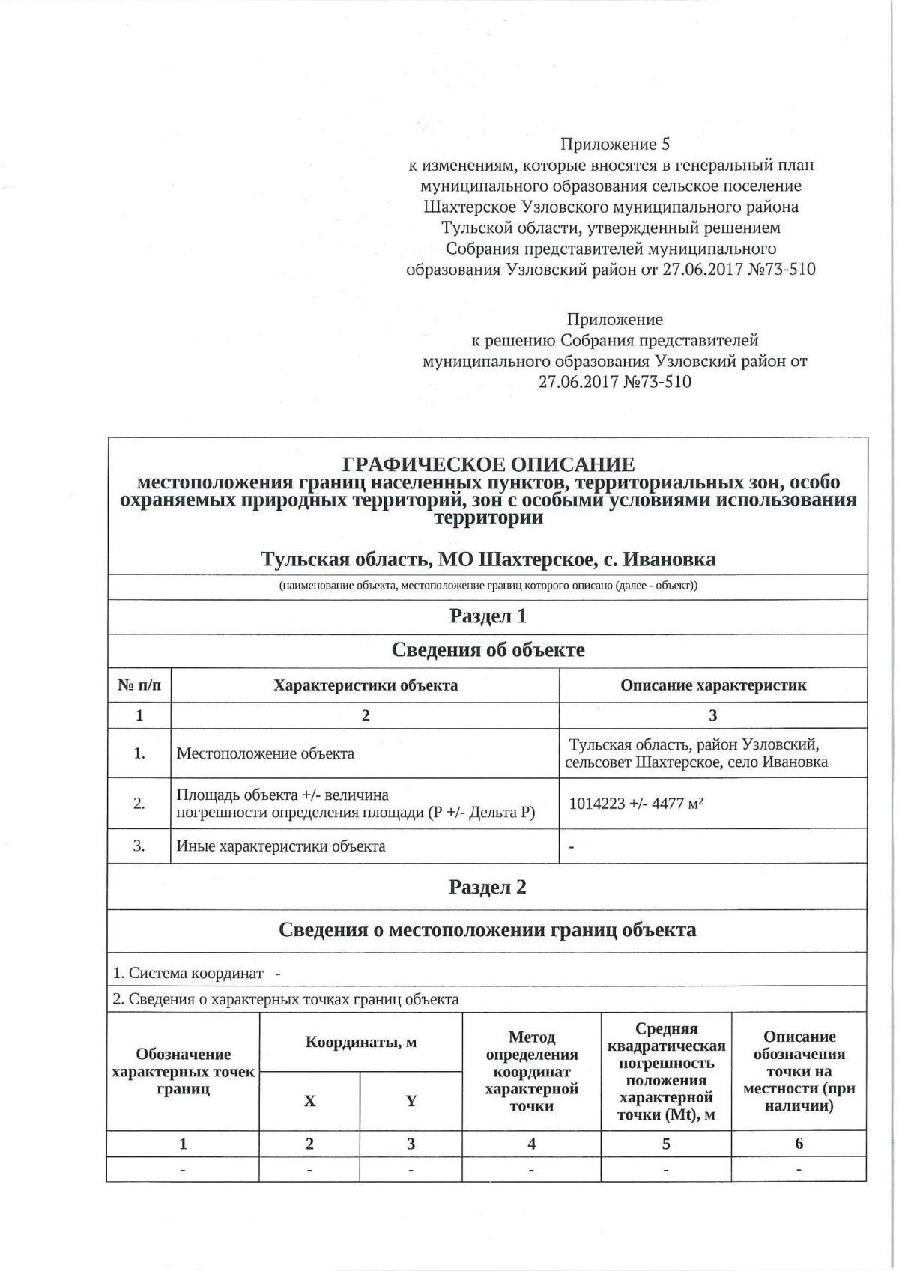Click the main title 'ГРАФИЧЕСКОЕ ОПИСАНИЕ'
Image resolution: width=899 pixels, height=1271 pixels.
click(488, 464)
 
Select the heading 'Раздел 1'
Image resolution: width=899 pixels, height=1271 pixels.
click(488, 616)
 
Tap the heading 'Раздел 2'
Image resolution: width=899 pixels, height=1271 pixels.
click(488, 887)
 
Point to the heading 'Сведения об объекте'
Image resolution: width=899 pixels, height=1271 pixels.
click(488, 649)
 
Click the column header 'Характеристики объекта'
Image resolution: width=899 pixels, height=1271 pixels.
click(366, 685)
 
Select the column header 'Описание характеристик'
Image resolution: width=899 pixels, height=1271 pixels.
click(713, 685)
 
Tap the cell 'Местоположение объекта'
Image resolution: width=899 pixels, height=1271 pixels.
click(265, 753)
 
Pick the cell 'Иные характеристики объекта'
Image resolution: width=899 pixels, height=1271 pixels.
click(281, 846)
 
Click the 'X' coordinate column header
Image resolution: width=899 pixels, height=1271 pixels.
click(309, 1101)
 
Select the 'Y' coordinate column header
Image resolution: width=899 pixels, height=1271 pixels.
click(411, 1101)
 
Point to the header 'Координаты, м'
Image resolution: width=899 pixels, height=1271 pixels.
click(361, 1042)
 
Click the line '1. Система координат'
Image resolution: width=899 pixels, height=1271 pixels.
click(188, 973)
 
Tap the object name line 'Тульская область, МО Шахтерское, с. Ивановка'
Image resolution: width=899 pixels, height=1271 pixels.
click(488, 559)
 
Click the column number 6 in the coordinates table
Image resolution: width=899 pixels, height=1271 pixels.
click(799, 1143)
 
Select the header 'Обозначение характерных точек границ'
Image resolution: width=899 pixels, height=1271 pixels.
click(183, 1071)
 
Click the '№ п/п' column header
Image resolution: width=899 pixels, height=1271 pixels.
click(139, 685)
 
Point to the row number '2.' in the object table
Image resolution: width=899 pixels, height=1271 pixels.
click(139, 804)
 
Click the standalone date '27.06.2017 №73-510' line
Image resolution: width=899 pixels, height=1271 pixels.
click(614, 382)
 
